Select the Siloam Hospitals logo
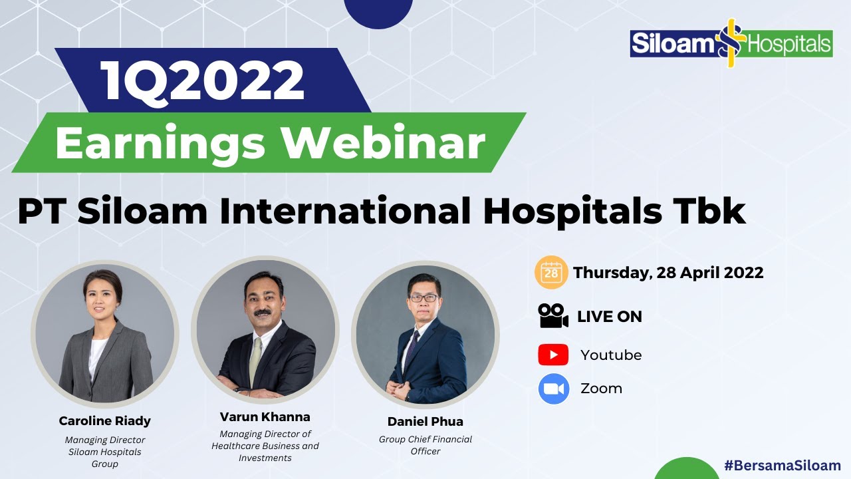[731, 43]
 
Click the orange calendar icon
[551, 272]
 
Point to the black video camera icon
[553, 316]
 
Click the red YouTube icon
[553, 355]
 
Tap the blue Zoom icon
[554, 389]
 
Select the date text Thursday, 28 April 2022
[668, 272]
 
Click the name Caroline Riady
[104, 420]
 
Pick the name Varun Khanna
[265, 417]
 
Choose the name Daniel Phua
[425, 421]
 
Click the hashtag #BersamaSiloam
[782, 466]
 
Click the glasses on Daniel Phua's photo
[424, 297]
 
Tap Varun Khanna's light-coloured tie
[255, 359]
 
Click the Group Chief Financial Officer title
[425, 445]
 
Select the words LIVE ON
[609, 317]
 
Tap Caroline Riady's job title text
[105, 451]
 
